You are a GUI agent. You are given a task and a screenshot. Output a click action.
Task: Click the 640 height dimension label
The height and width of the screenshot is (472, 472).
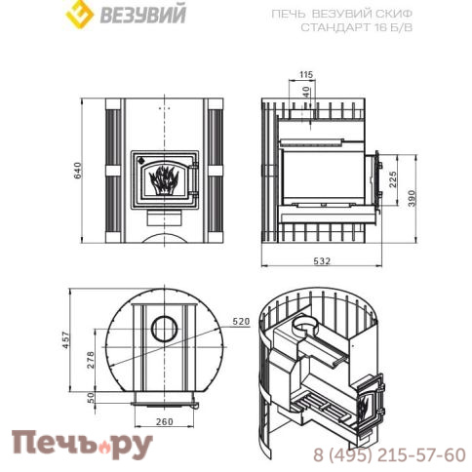pos(78,171)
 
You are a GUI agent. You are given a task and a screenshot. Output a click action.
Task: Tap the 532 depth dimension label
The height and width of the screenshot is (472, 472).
pos(322,260)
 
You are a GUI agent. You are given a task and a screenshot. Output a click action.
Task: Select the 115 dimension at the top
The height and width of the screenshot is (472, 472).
pos(306,74)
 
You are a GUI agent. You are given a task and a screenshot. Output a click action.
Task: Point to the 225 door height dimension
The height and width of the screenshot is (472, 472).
pos(393,179)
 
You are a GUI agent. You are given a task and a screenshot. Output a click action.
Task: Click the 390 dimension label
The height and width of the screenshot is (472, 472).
pos(412,198)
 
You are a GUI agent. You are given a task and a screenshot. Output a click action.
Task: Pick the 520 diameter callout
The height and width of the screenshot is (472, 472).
pos(241,322)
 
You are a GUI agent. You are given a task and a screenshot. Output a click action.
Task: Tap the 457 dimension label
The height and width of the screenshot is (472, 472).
pos(66,340)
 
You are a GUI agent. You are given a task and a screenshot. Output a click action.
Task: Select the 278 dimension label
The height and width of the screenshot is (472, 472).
pos(91,359)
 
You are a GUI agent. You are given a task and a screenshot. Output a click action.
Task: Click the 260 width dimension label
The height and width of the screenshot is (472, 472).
pos(165,421)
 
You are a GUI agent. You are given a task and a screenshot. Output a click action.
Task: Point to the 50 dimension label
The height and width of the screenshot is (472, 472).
pos(91,397)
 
